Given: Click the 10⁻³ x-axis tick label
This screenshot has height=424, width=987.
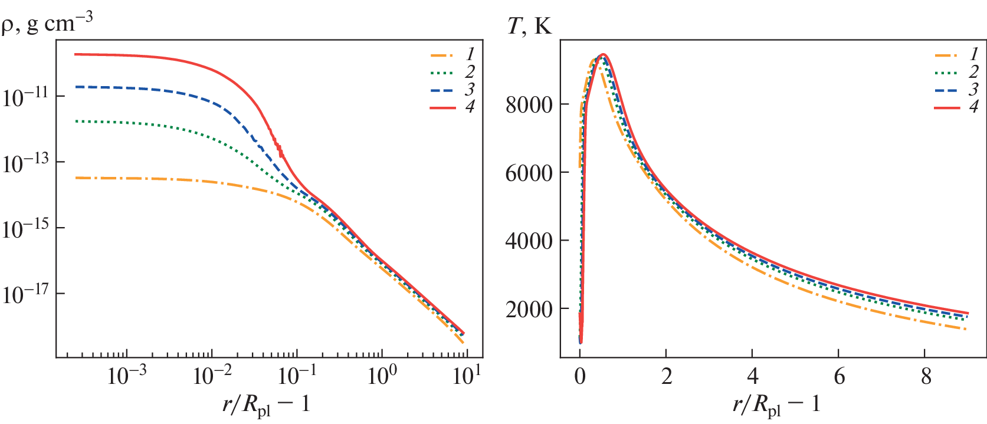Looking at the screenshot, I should pyautogui.click(x=127, y=376).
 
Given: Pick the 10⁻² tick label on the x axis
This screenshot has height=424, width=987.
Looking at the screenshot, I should pyautogui.click(x=212, y=376).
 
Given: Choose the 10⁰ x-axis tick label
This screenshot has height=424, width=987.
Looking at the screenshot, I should pyautogui.click(x=382, y=376).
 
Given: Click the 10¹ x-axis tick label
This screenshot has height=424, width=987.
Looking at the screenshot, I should pyautogui.click(x=467, y=376).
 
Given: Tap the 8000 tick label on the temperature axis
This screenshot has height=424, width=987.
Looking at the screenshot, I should pyautogui.click(x=529, y=105).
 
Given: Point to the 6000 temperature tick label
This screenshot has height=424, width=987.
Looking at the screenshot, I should pyautogui.click(x=529, y=173).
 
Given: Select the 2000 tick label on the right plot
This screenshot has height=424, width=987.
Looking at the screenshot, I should pyautogui.click(x=529, y=309).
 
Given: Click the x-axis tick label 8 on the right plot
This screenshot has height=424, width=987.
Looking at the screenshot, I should pyautogui.click(x=926, y=376).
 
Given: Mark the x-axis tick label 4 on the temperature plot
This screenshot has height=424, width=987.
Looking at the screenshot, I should pyautogui.click(x=753, y=376).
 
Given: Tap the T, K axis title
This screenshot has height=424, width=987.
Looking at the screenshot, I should pyautogui.click(x=530, y=27).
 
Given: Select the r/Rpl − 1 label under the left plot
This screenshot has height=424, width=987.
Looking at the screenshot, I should pyautogui.click(x=266, y=405).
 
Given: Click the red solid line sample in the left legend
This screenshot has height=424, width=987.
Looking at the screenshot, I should pyautogui.click(x=442, y=108).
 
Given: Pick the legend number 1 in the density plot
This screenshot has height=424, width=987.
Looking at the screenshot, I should pyautogui.click(x=470, y=55).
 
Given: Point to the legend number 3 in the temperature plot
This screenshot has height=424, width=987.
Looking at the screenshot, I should pyautogui.click(x=974, y=90).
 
